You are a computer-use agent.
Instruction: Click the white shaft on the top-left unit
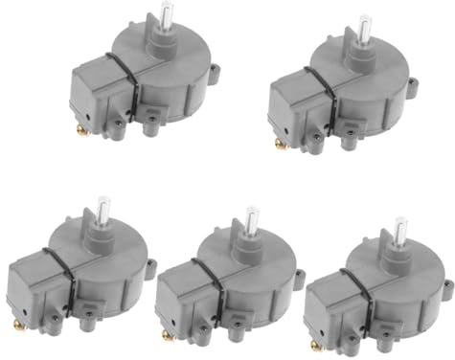(167, 15)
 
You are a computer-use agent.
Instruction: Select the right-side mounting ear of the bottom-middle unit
(299, 279)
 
